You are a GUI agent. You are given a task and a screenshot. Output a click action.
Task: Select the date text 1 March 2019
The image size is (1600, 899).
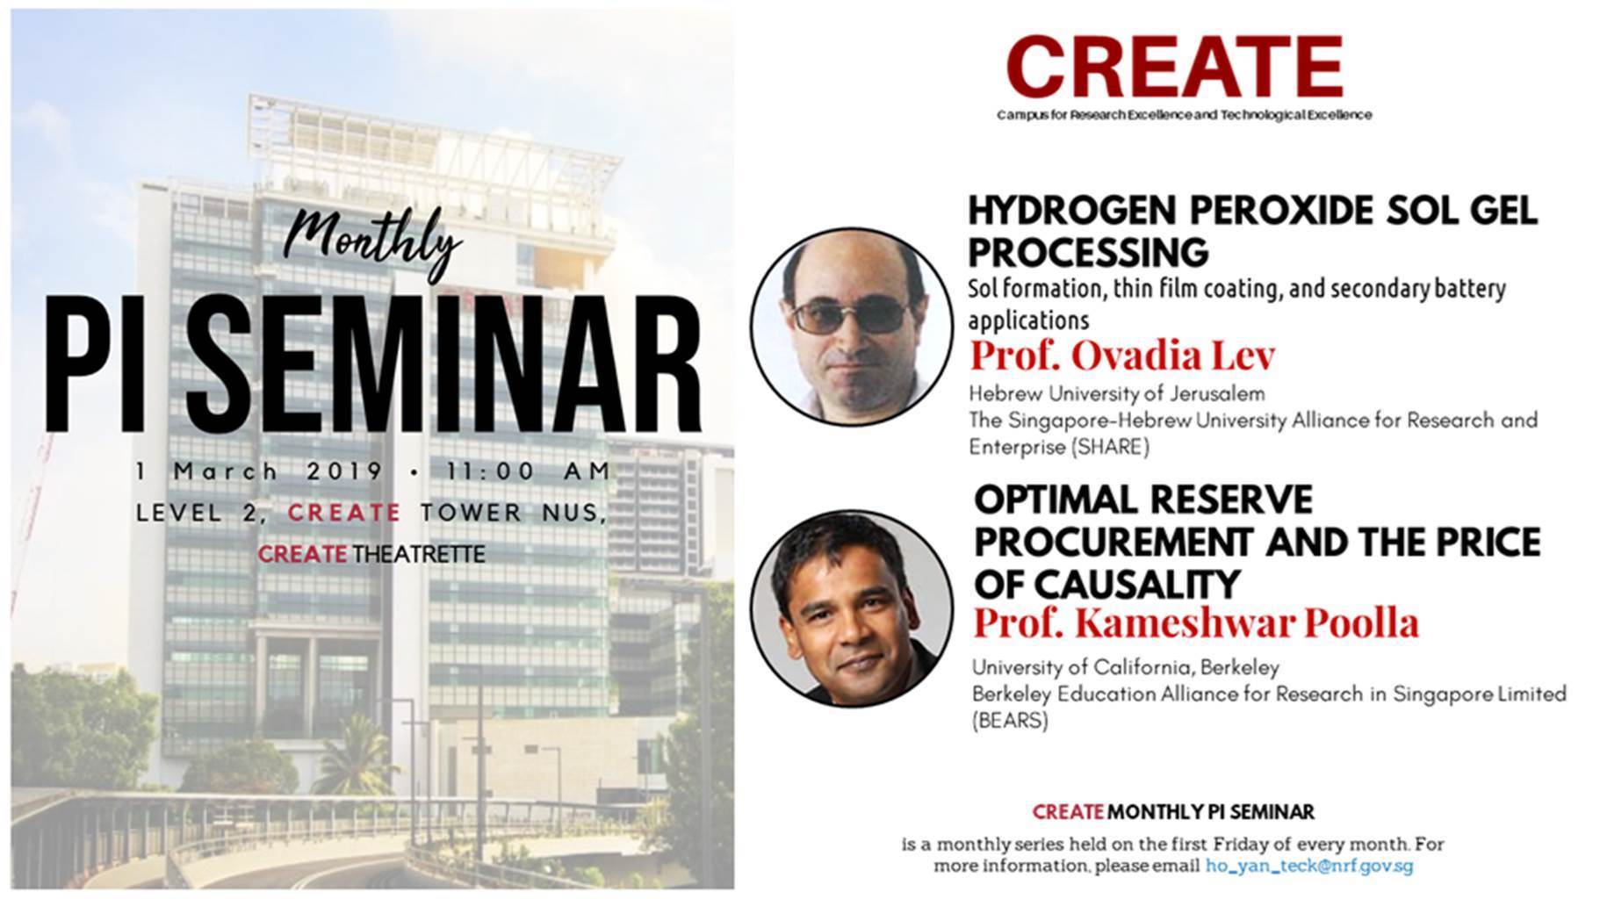[259, 471]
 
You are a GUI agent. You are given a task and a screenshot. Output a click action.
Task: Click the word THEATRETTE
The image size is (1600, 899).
[419, 555]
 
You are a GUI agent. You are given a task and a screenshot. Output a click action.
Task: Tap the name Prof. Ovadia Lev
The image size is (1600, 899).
[1121, 356]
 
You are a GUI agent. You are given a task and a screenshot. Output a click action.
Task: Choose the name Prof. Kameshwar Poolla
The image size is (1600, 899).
[1196, 622]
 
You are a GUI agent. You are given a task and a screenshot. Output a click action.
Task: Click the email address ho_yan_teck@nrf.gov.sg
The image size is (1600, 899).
[1309, 866]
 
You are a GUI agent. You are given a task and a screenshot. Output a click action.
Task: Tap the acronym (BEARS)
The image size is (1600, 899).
[1010, 722]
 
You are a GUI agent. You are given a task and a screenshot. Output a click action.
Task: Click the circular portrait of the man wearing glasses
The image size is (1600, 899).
[851, 327]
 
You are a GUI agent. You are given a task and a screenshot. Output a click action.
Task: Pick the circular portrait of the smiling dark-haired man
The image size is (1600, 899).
[851, 608]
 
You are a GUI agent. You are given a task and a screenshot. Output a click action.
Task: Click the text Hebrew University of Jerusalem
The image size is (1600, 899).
[1117, 393]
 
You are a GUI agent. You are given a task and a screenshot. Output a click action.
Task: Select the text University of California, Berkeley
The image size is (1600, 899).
[1126, 668]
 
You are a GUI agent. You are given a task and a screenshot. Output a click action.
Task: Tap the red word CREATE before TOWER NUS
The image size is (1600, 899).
[344, 513]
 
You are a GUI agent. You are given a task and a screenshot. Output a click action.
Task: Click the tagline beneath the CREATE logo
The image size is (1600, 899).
[1184, 115]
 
